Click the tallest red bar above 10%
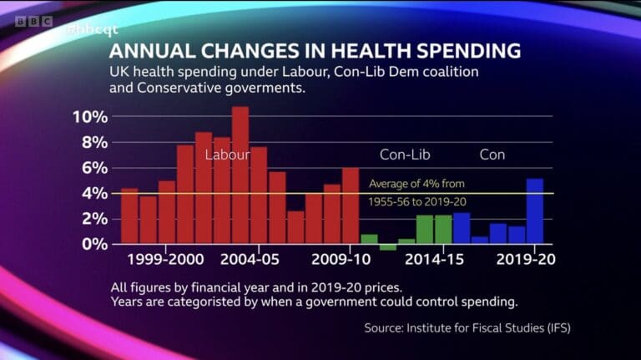(240, 175)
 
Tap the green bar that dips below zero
(388, 246)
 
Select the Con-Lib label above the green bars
(405, 155)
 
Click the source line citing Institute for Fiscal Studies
(467, 327)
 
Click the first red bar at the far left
(129, 215)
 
